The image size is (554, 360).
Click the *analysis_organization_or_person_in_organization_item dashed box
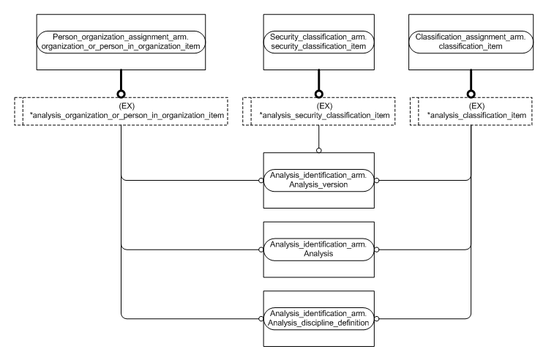pyautogui.click(x=121, y=110)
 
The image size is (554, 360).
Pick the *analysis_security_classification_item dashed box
pyautogui.click(x=318, y=110)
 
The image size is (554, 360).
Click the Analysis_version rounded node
pyautogui.click(x=318, y=181)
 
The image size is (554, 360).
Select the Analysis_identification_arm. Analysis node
pyautogui.click(x=318, y=250)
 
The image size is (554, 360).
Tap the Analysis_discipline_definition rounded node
pyautogui.click(x=318, y=318)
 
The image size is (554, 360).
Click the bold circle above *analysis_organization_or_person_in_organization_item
pyautogui.click(x=121, y=94)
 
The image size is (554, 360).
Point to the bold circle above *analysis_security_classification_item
pyautogui.click(x=318, y=94)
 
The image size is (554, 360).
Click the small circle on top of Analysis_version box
pyautogui.click(x=318, y=151)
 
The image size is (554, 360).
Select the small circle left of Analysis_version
pyautogui.click(x=261, y=181)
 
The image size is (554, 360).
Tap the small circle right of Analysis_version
pyautogui.click(x=376, y=181)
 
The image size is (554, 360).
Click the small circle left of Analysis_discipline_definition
pyautogui.click(x=261, y=318)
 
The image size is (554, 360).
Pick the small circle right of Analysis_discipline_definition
pyautogui.click(x=376, y=318)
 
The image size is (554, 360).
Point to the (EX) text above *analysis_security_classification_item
pyautogui.click(x=318, y=105)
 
